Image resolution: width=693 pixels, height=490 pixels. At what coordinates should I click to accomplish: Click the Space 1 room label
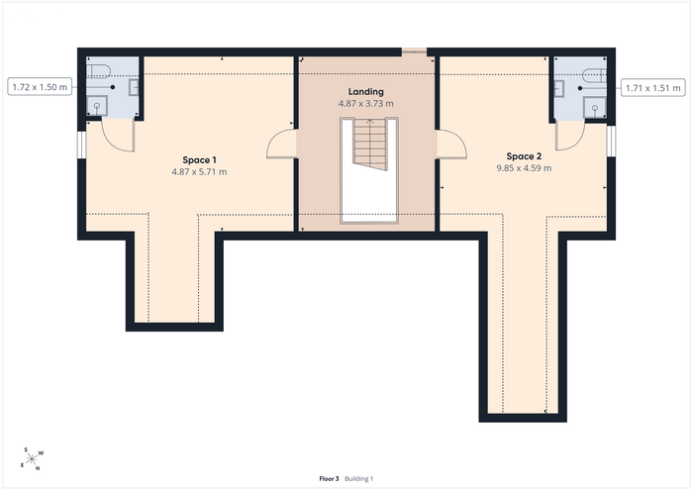pyautogui.click(x=199, y=160)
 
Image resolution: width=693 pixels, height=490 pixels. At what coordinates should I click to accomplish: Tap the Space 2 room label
pyautogui.click(x=524, y=156)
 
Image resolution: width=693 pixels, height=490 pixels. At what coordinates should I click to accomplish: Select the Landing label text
pyautogui.click(x=365, y=92)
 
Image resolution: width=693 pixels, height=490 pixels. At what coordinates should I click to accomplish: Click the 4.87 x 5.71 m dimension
pyautogui.click(x=199, y=172)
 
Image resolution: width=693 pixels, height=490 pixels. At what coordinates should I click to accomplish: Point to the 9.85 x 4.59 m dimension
pyautogui.click(x=524, y=168)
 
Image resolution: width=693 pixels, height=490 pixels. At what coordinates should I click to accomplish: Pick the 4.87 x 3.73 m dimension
pyautogui.click(x=365, y=103)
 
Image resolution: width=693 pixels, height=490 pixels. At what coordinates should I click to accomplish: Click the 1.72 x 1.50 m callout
pyautogui.click(x=40, y=87)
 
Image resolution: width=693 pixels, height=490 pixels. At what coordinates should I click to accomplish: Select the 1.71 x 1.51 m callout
pyautogui.click(x=653, y=88)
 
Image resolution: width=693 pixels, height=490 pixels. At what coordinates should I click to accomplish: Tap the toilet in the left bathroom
pyautogui.click(x=98, y=70)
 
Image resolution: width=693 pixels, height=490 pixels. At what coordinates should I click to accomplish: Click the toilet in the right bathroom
pyautogui.click(x=594, y=75)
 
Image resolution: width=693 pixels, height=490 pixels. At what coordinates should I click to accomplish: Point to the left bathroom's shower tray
pyautogui.click(x=97, y=106)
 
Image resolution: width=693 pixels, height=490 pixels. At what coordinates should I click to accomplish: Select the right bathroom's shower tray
pyautogui.click(x=595, y=107)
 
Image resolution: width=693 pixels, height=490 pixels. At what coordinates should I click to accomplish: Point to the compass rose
pyautogui.click(x=32, y=459)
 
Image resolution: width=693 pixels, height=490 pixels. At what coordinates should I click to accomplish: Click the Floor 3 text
pyautogui.click(x=329, y=478)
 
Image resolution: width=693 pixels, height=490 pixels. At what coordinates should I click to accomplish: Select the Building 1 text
pyautogui.click(x=358, y=478)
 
